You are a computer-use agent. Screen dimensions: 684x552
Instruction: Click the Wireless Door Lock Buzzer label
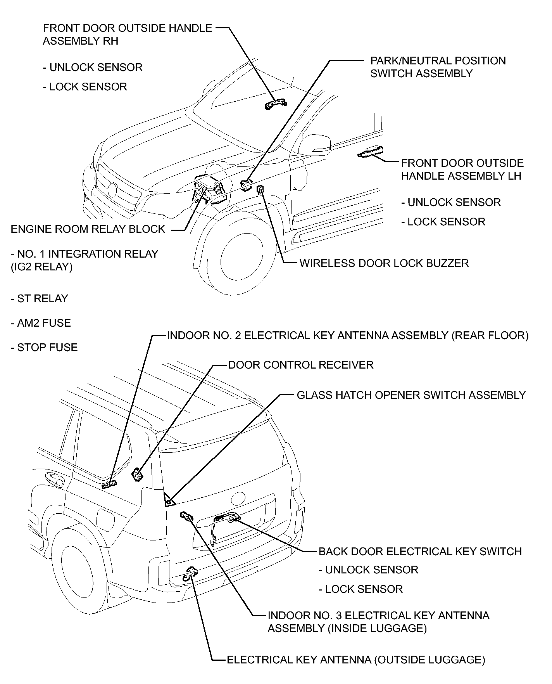point(384,263)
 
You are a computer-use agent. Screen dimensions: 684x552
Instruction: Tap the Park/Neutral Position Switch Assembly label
point(438,67)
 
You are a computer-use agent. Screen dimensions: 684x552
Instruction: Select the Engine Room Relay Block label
point(88,229)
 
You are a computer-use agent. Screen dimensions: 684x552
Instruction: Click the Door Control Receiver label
point(300,365)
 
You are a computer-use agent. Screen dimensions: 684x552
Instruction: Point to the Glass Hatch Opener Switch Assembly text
point(411,395)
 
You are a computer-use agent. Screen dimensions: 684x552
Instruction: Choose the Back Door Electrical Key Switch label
point(420,552)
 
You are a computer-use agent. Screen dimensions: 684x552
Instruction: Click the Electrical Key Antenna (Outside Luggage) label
point(355,660)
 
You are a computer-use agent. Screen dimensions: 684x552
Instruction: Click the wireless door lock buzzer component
point(260,189)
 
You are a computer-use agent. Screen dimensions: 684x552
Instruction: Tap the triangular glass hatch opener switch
point(169,502)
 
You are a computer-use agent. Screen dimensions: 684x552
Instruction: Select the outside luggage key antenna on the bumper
point(190,574)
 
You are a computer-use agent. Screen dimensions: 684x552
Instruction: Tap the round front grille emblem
point(112,189)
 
